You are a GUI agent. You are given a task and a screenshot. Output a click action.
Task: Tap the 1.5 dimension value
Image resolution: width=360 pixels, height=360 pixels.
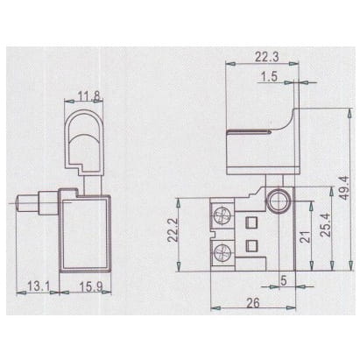click(x=269, y=77)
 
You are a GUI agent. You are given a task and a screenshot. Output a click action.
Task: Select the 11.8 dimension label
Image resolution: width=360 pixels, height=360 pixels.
click(x=88, y=96)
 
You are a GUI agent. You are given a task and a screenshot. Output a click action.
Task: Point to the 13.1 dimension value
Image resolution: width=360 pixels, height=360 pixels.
click(x=39, y=286)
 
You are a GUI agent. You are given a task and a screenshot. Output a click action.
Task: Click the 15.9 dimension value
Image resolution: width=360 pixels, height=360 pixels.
click(x=91, y=286)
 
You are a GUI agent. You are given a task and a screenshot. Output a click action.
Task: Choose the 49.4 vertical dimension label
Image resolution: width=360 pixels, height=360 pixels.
click(x=345, y=187)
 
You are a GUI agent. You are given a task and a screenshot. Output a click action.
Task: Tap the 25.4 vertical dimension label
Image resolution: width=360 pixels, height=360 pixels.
click(x=325, y=225)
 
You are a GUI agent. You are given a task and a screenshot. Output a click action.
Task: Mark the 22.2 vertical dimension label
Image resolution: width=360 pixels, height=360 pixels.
click(x=173, y=230)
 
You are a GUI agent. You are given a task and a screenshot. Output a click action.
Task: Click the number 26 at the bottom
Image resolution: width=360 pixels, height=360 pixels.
click(x=253, y=303)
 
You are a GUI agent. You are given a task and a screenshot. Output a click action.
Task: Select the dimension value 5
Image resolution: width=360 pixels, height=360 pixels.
click(x=284, y=280)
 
